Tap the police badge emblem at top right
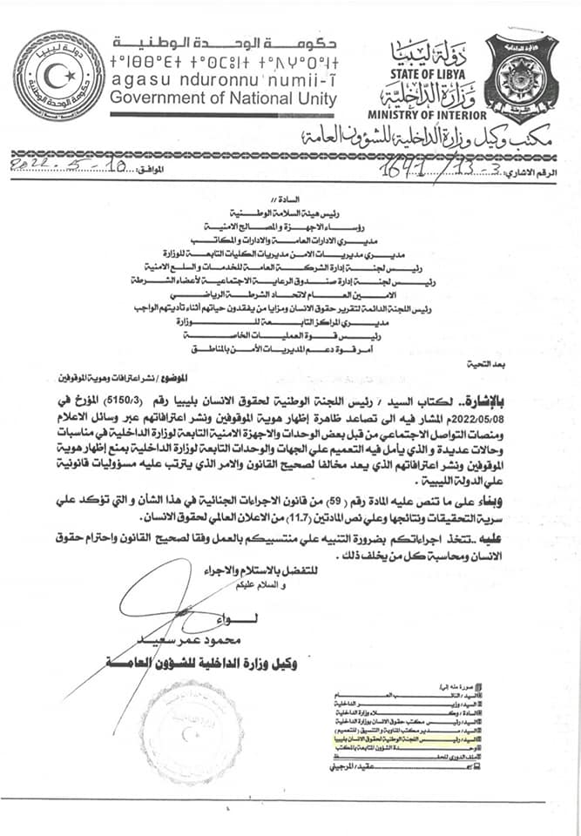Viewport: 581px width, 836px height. click(522, 78)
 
